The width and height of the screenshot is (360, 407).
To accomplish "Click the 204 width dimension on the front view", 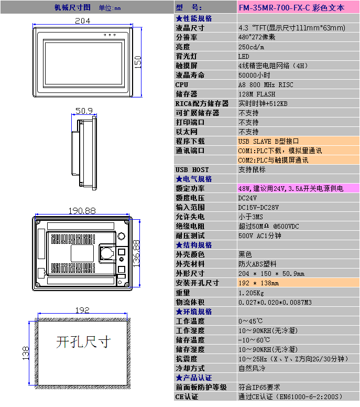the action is (82, 21).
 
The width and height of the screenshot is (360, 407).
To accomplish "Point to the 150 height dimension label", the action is (138, 62).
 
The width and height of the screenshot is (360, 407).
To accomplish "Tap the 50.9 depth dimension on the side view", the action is (84, 111).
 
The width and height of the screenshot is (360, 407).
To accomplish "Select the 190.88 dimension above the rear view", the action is (82, 210).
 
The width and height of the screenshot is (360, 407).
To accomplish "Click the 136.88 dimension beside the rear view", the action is (136, 254).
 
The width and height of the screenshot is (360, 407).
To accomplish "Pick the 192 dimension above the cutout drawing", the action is (82, 310).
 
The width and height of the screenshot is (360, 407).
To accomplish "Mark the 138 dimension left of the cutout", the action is (26, 353).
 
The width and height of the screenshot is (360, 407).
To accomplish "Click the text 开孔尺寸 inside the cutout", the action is (83, 341).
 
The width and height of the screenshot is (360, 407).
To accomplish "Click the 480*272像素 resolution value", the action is (257, 37).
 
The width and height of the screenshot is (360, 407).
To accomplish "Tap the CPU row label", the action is (181, 84).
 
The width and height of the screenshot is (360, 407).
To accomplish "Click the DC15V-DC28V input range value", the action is (258, 207).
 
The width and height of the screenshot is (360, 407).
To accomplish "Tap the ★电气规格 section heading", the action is (194, 179).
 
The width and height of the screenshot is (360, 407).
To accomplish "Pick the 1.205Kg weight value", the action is (251, 293).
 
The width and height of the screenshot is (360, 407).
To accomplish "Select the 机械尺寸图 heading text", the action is (72, 7).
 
